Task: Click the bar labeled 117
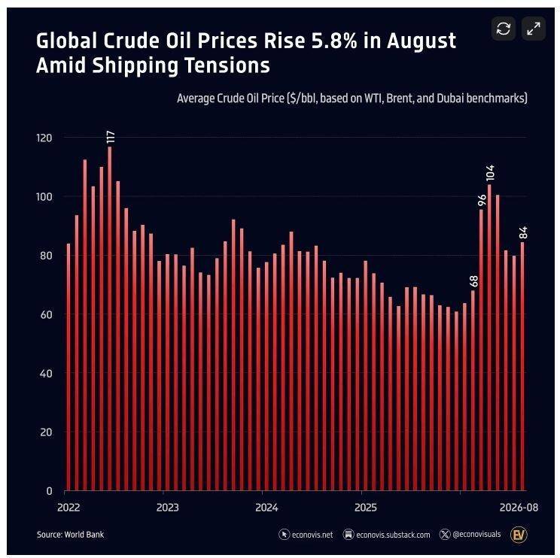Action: (x=110, y=319)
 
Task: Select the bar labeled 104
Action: (x=489, y=338)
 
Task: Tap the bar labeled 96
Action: (x=481, y=350)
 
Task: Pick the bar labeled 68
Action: (x=473, y=390)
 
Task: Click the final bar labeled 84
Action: (x=522, y=366)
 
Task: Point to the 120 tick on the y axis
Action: (x=44, y=138)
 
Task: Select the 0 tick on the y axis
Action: (x=49, y=491)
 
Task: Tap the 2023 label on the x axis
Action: (x=168, y=508)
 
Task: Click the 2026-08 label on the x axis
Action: (x=519, y=508)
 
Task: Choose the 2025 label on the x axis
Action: (x=365, y=508)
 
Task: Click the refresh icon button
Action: (x=504, y=29)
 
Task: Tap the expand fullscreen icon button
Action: (x=534, y=29)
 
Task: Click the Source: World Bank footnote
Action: (x=70, y=535)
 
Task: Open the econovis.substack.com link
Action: (x=386, y=535)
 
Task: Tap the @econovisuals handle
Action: (x=470, y=535)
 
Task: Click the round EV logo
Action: (x=519, y=535)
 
